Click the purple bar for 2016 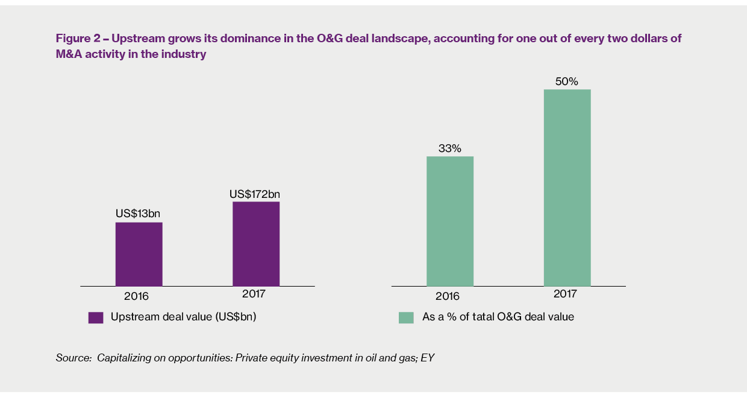139,254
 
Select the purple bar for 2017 256,244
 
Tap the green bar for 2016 449,221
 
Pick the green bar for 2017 567,188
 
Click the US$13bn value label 138,214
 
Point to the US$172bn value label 255,194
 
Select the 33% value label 449,148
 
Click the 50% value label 566,81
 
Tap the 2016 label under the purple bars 136,296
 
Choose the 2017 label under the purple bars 254,294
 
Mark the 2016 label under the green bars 447,296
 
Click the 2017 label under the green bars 564,294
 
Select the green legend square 406,317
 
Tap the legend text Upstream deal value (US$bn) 183,317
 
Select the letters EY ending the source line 427,358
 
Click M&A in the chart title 70,55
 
